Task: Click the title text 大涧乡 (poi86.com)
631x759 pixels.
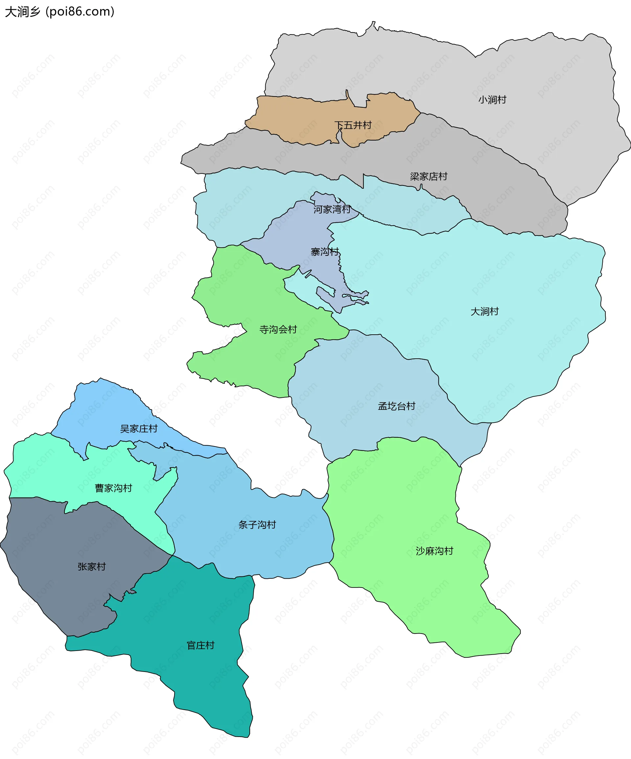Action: pyautogui.click(x=60, y=12)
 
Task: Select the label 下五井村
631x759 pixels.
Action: pyautogui.click(x=353, y=125)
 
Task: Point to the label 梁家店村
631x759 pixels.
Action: pyautogui.click(x=429, y=177)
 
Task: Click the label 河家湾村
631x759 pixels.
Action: pyautogui.click(x=332, y=210)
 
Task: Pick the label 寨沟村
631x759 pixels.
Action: pyautogui.click(x=325, y=252)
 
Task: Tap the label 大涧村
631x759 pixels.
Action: pyautogui.click(x=484, y=312)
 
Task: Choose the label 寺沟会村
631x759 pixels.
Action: pyautogui.click(x=278, y=330)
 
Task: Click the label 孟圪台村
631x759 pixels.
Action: pyautogui.click(x=396, y=406)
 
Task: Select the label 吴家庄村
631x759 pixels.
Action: pyautogui.click(x=139, y=429)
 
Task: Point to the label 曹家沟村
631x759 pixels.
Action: pyautogui.click(x=113, y=488)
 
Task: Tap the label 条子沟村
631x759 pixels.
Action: pyautogui.click(x=257, y=525)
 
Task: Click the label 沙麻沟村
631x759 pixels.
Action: pyautogui.click(x=434, y=551)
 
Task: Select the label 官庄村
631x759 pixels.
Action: pyautogui.click(x=200, y=645)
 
